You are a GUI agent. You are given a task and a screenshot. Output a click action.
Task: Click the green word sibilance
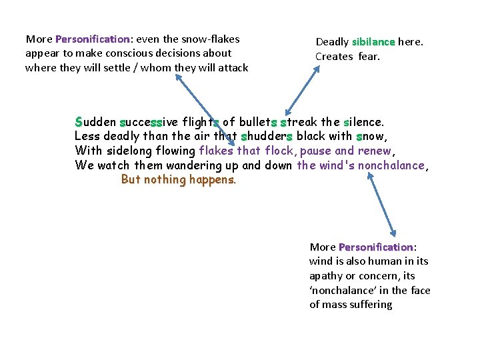coord(373,42)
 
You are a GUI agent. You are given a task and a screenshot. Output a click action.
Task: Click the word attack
coord(231,67)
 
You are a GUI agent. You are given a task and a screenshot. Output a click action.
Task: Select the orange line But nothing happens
coord(179,179)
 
